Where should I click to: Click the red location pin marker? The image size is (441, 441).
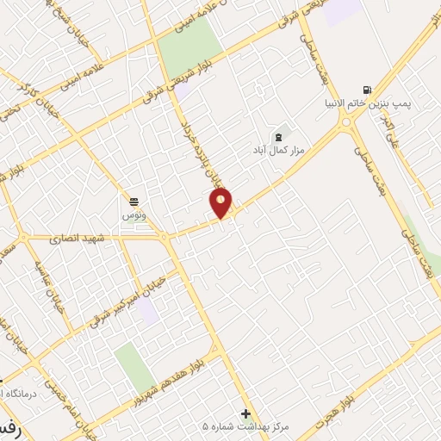point(221,204)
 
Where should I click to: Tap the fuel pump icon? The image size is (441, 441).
point(369,90)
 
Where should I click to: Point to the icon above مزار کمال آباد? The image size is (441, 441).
point(277,136)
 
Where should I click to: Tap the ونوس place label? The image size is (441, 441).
point(134,213)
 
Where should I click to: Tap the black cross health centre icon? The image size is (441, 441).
point(246,413)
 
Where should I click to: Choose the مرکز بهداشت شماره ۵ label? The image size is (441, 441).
point(245,426)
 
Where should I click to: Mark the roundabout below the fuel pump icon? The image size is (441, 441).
point(346,123)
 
